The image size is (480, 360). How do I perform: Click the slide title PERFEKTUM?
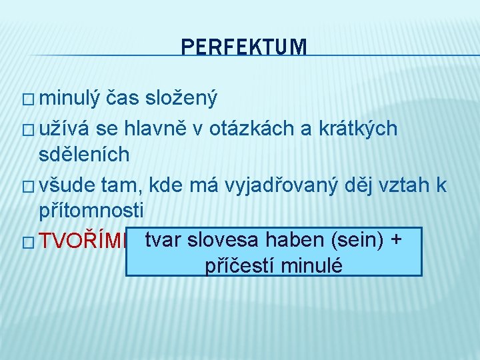pyautogui.click(x=244, y=47)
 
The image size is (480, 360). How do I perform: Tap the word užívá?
pyautogui.click(x=66, y=128)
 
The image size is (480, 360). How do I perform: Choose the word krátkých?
pyautogui.click(x=356, y=128)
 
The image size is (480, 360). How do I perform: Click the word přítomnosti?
pyautogui.click(x=91, y=211)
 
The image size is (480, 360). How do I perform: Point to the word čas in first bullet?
pyautogui.click(x=123, y=99)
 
